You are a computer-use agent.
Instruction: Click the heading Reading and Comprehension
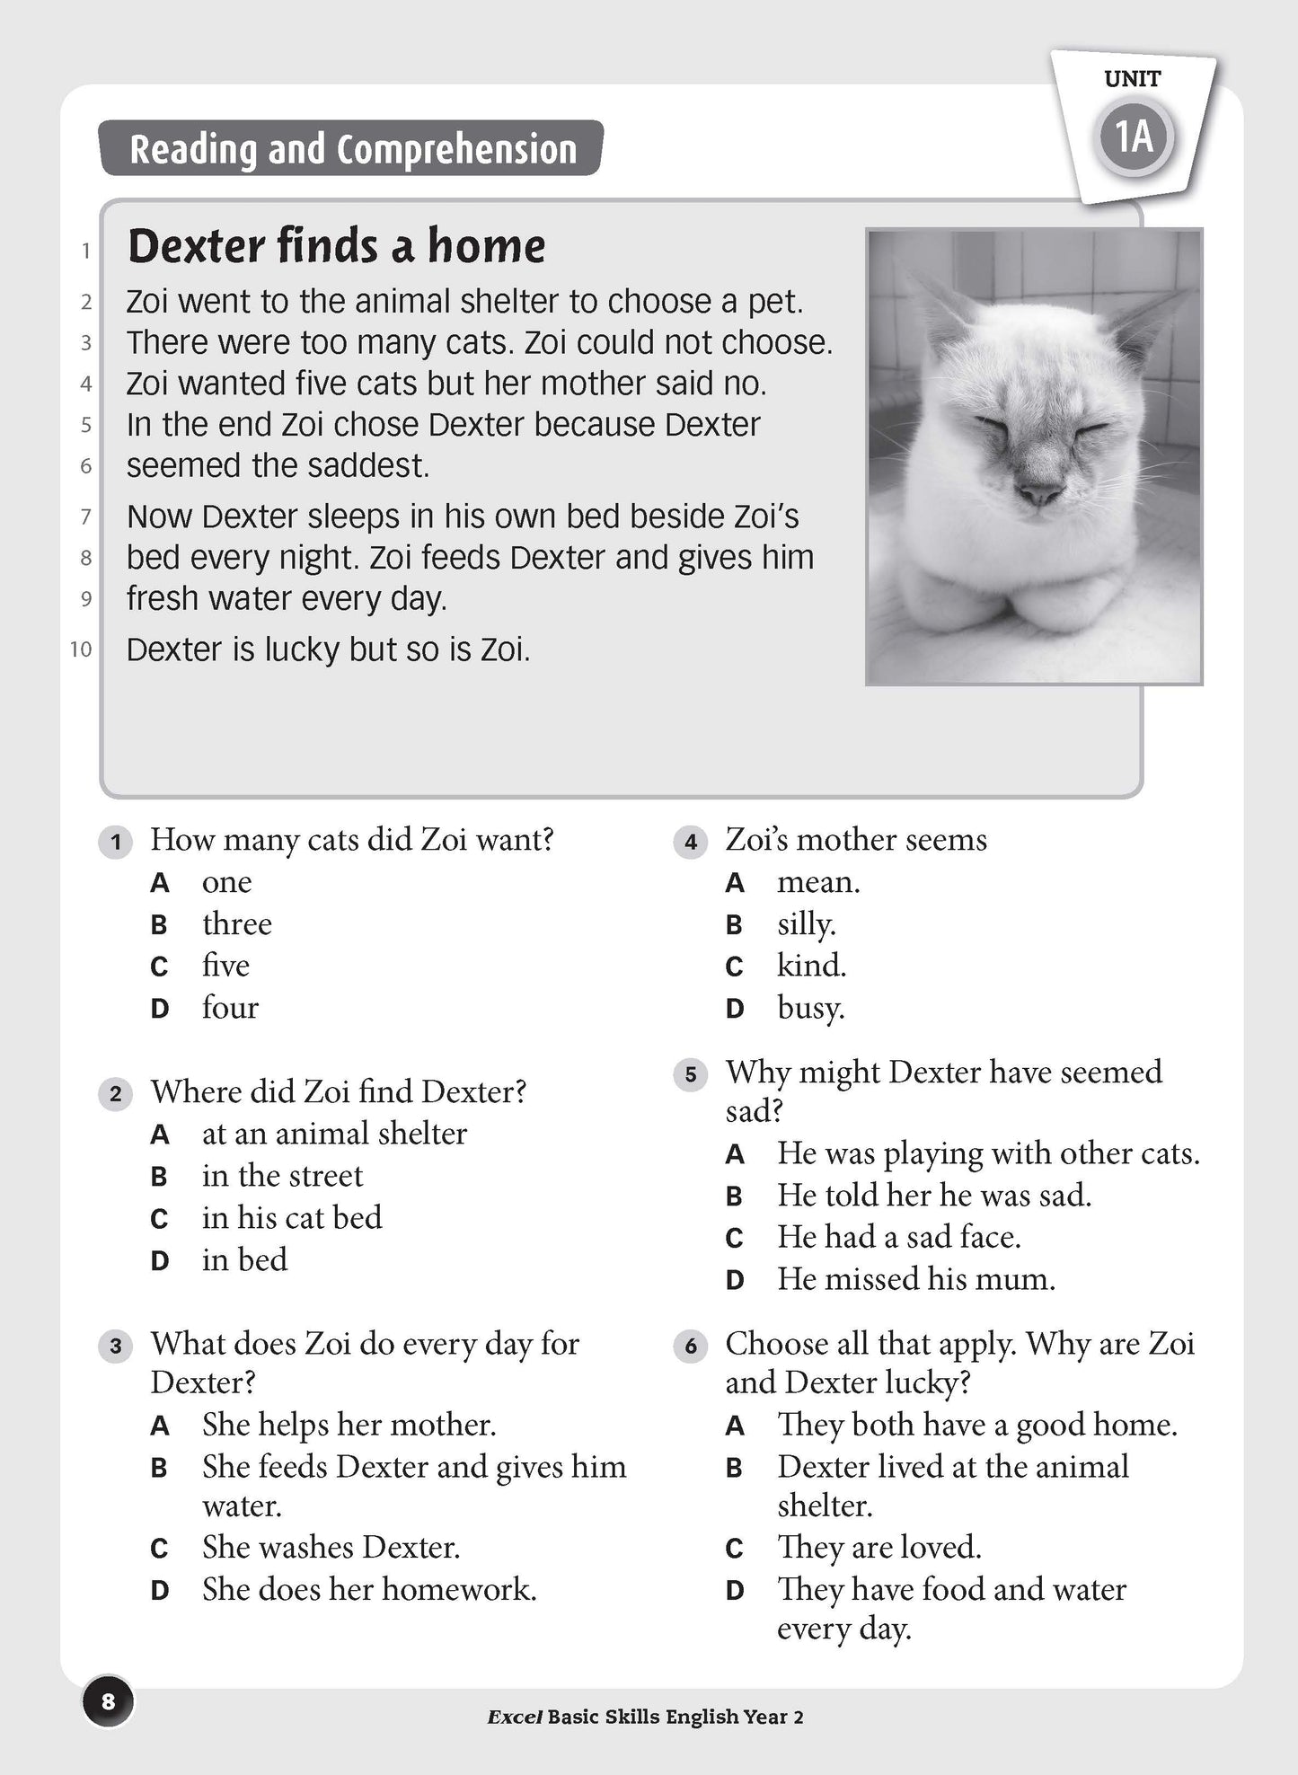(x=352, y=149)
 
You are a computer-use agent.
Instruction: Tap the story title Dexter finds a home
(x=336, y=246)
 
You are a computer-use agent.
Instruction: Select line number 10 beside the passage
(x=81, y=649)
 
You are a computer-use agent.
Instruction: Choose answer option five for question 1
(x=225, y=966)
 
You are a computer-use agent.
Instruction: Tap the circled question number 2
(x=115, y=1093)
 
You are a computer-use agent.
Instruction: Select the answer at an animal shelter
(x=334, y=1134)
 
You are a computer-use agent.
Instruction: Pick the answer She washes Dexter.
(x=331, y=1547)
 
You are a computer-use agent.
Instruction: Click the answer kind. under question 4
(x=811, y=966)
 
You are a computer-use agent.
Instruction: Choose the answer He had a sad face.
(x=898, y=1237)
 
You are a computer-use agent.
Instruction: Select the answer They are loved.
(x=879, y=1547)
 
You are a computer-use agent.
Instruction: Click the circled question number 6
(x=690, y=1346)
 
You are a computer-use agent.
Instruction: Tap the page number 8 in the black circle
(x=108, y=1700)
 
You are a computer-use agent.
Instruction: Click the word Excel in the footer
(x=514, y=1718)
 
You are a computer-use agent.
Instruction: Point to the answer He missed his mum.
(x=915, y=1279)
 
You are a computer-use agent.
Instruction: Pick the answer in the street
(x=282, y=1176)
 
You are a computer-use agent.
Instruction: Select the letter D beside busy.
(x=735, y=1009)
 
